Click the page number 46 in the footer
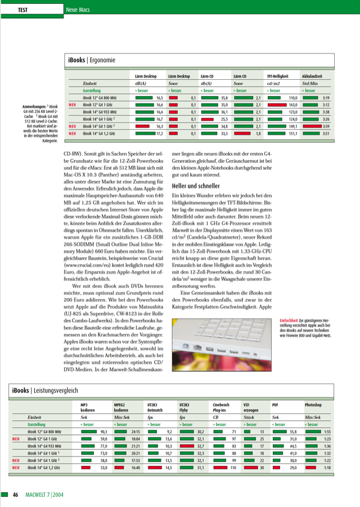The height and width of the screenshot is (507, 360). coord(16,495)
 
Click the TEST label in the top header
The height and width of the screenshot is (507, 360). coord(24,10)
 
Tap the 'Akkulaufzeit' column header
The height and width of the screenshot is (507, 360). coord(313,75)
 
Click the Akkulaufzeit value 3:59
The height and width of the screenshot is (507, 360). coord(326,126)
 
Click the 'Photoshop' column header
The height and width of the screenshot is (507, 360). coord(314,405)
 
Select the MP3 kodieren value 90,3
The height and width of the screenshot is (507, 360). coord(103,431)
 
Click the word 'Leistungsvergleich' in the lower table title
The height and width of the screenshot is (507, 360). coord(56,390)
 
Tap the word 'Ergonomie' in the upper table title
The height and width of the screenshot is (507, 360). coord(102,59)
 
